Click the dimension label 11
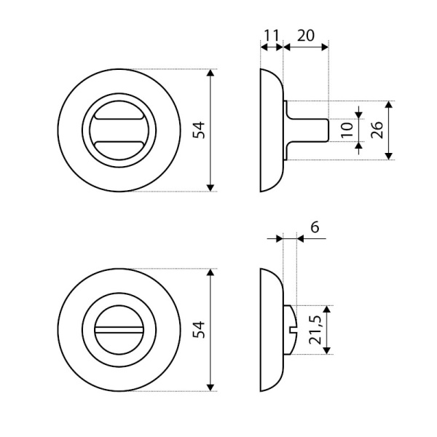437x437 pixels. click(271, 36)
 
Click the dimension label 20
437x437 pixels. click(306, 36)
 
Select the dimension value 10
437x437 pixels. click(347, 130)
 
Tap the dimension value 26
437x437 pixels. click(377, 130)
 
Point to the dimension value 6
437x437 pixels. click(315, 227)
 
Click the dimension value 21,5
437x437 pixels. click(316, 330)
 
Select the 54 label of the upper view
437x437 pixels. click(199, 130)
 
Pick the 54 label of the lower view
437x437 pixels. click(199, 330)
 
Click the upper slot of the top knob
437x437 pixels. click(119, 117)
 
